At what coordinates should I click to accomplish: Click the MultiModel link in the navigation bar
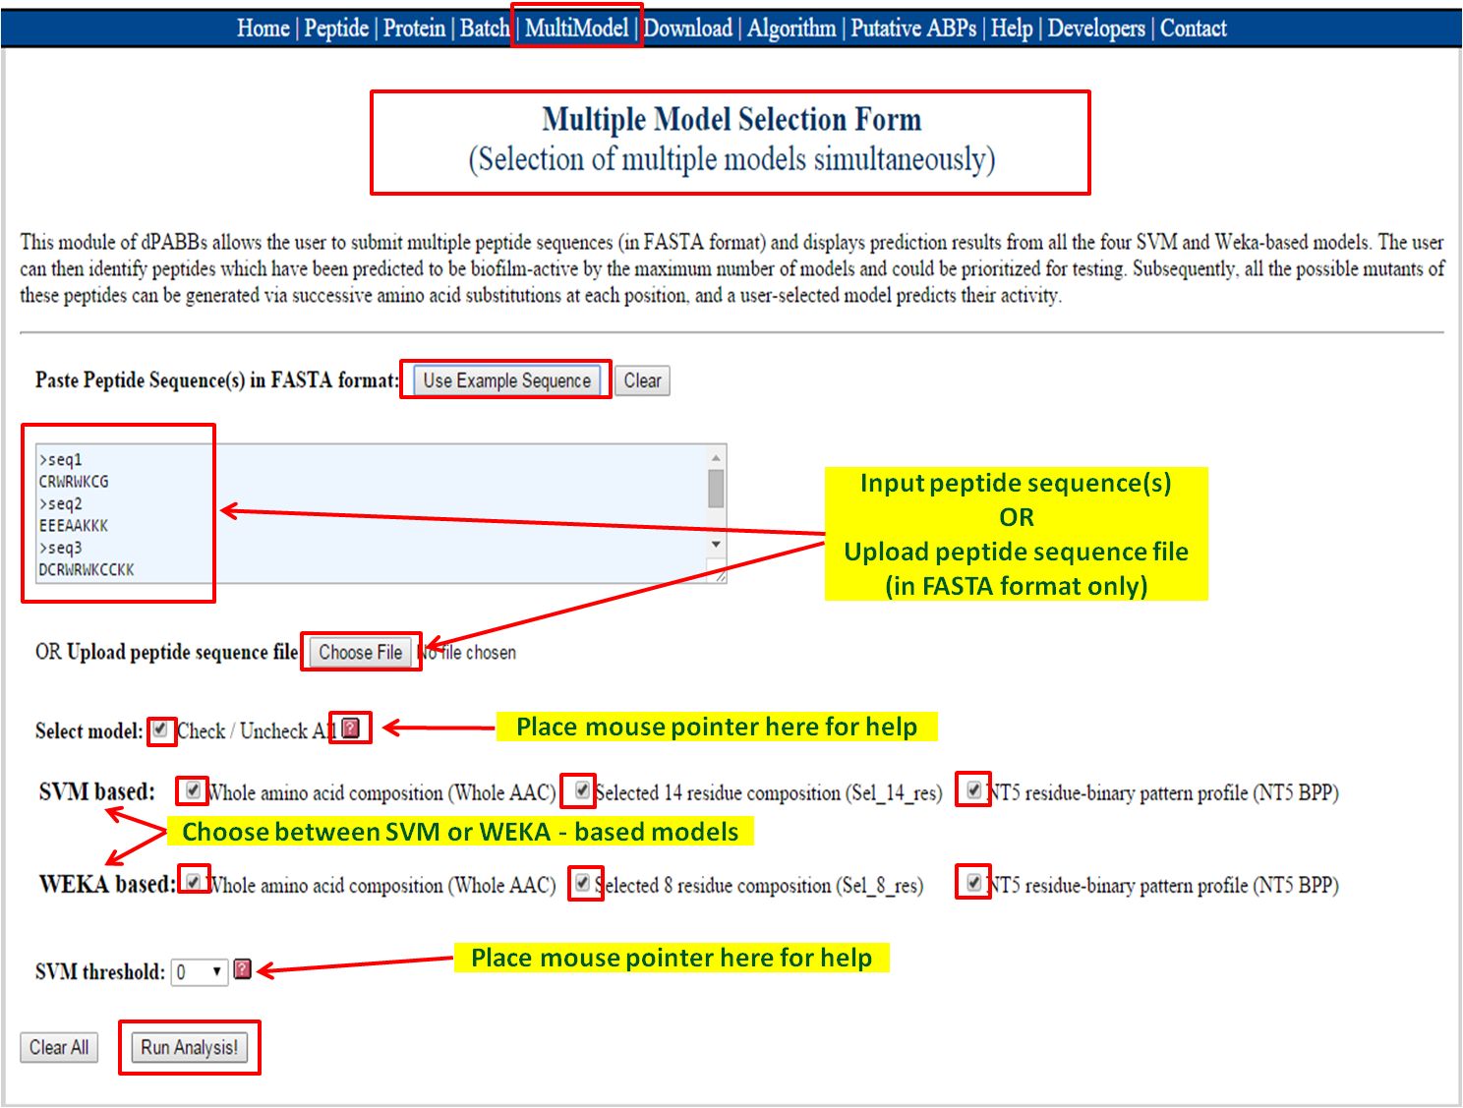coord(576,28)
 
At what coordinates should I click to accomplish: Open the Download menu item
coord(688,28)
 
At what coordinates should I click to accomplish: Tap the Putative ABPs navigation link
coord(913,28)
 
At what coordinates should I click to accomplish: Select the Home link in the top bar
coord(263,28)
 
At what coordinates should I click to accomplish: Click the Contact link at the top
coord(1193,28)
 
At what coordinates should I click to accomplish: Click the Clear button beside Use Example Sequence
coord(642,380)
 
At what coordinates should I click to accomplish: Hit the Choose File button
coord(361,652)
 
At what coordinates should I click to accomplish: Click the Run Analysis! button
coord(190,1047)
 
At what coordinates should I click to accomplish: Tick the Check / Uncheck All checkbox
coord(160,729)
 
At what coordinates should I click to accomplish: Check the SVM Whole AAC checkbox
coord(193,790)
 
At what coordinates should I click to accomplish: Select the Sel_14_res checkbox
coord(582,790)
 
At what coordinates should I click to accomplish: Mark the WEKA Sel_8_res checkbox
coord(582,883)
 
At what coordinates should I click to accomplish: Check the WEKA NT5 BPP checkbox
coord(973,883)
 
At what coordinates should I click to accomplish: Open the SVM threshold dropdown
coord(200,972)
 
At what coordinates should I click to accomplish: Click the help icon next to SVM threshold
coord(243,968)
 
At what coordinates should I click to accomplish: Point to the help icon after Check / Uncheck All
coord(351,729)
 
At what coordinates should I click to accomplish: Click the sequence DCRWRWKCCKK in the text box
coord(87,569)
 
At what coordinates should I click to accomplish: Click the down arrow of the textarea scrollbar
coord(716,545)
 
